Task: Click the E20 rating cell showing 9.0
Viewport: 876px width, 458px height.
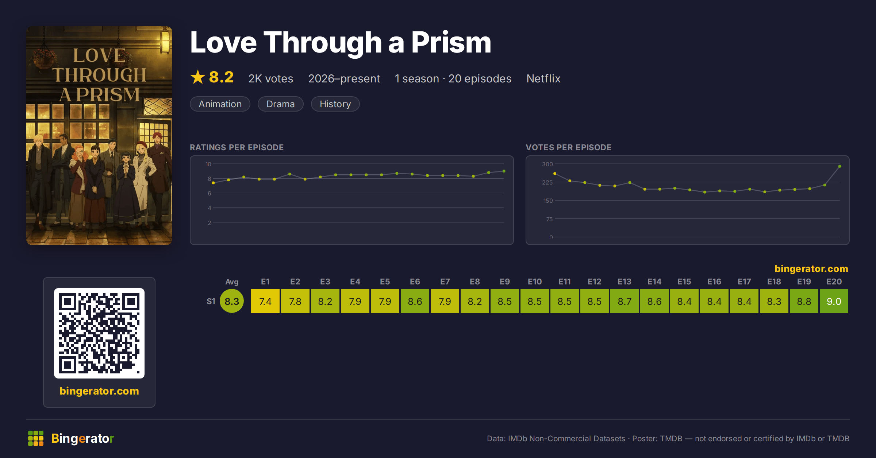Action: point(834,301)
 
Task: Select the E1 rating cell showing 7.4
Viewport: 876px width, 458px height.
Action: point(265,301)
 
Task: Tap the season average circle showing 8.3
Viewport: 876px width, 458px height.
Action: point(232,301)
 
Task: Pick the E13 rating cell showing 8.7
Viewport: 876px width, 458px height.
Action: point(625,301)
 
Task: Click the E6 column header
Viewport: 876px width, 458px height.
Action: point(415,282)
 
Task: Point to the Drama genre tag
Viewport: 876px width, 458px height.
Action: point(280,104)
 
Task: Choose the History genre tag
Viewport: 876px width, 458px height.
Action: point(335,104)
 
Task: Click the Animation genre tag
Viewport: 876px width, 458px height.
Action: point(220,104)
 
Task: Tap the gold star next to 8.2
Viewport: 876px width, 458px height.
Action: point(198,77)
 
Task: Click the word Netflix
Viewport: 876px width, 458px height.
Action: point(543,78)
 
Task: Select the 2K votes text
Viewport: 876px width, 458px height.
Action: point(271,78)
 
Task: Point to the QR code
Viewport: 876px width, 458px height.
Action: point(99,333)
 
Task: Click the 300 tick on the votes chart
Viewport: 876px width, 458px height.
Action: point(547,164)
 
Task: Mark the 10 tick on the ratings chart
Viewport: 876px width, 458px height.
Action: point(208,164)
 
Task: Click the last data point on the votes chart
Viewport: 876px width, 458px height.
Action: point(840,166)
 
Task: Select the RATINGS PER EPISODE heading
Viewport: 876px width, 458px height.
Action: point(237,147)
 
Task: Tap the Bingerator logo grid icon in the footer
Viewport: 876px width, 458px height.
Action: point(36,438)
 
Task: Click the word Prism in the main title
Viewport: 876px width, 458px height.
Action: point(451,42)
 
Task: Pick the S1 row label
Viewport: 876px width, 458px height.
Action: point(211,301)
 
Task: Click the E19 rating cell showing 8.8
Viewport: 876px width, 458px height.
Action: point(804,301)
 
